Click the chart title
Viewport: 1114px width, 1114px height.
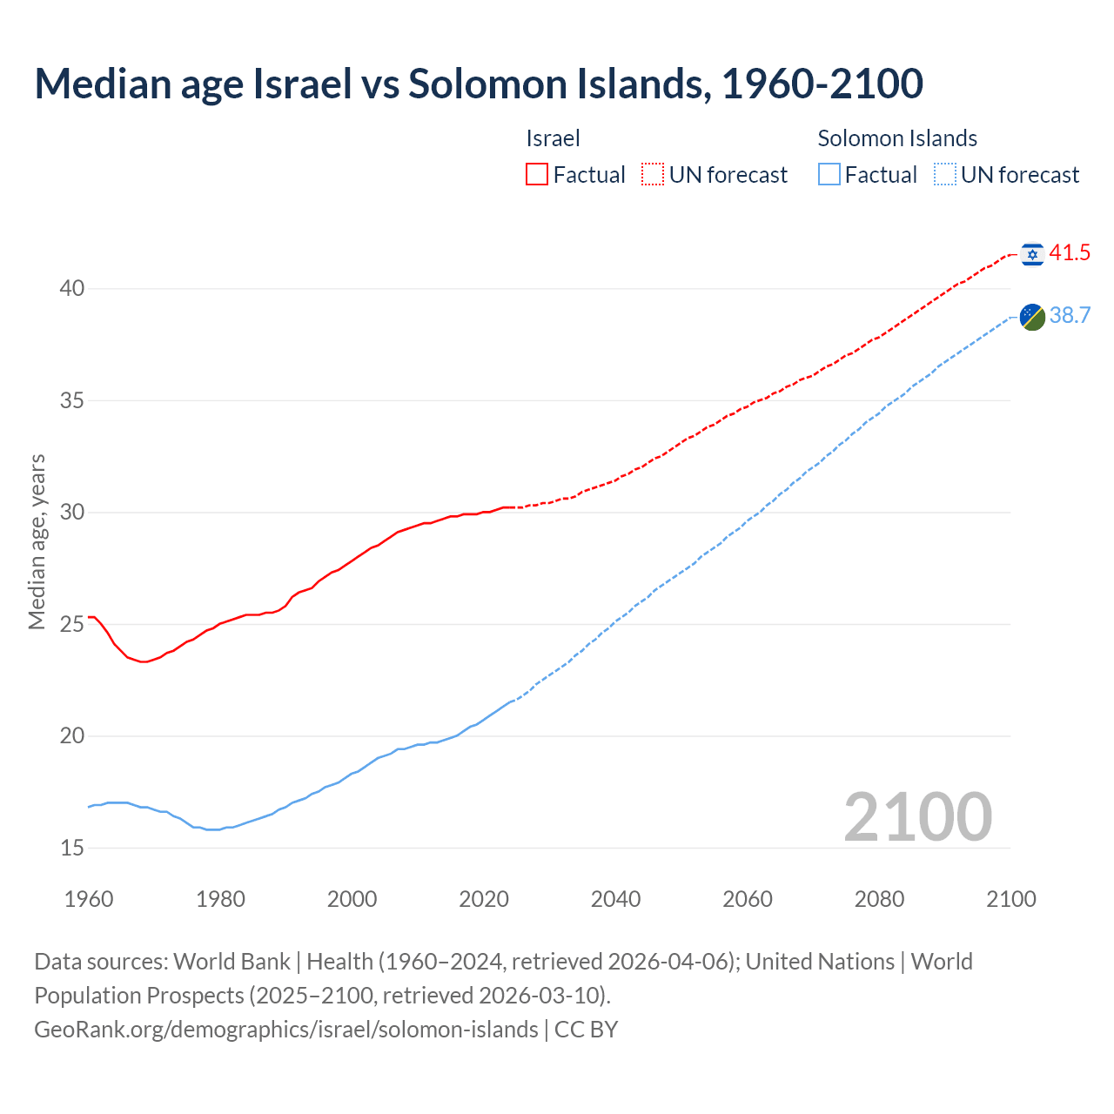[479, 84]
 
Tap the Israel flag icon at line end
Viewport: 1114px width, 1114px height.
[1032, 254]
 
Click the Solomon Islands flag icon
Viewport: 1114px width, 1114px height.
[1032, 317]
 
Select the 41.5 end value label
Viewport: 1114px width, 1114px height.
[1070, 253]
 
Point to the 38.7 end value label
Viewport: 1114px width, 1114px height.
[1070, 315]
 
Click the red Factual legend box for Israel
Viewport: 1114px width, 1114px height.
[537, 175]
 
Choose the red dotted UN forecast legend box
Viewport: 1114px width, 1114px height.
[653, 175]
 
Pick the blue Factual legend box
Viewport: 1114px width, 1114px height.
[829, 175]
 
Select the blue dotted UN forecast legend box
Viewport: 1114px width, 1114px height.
[944, 175]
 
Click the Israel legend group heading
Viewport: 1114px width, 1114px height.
[553, 138]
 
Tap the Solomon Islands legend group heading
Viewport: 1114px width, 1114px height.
[897, 138]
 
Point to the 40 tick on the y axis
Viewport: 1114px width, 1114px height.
[72, 288]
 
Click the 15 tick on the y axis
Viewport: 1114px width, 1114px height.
[72, 848]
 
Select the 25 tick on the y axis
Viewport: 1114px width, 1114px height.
[72, 624]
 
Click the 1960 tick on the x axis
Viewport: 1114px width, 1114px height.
[89, 899]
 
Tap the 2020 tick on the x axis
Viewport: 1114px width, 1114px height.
[484, 899]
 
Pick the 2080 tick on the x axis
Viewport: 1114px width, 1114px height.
[879, 899]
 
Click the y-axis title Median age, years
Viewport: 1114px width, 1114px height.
[37, 541]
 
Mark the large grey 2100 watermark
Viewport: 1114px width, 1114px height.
[918, 816]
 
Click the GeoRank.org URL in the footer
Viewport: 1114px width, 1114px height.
[286, 1030]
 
